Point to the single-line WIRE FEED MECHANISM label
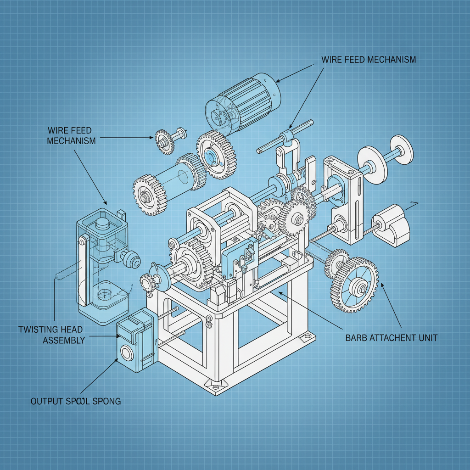[369, 60]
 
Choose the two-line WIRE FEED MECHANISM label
[72, 135]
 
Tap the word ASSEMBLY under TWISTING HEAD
[64, 340]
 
